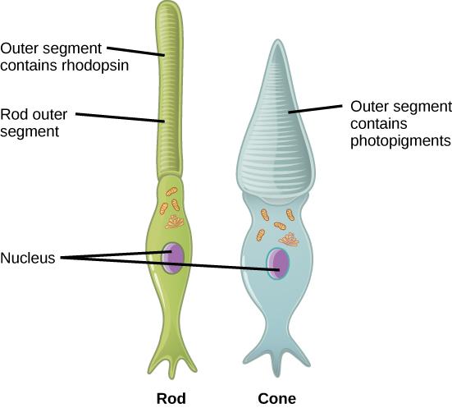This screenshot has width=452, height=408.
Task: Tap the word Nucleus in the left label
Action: [x=28, y=258]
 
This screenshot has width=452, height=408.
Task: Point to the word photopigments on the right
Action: [x=400, y=141]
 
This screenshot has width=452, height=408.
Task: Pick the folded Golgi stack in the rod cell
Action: [x=175, y=220]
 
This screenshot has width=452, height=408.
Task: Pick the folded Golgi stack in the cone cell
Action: [x=288, y=239]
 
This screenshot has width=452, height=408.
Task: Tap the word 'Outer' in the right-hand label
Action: [x=368, y=107]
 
